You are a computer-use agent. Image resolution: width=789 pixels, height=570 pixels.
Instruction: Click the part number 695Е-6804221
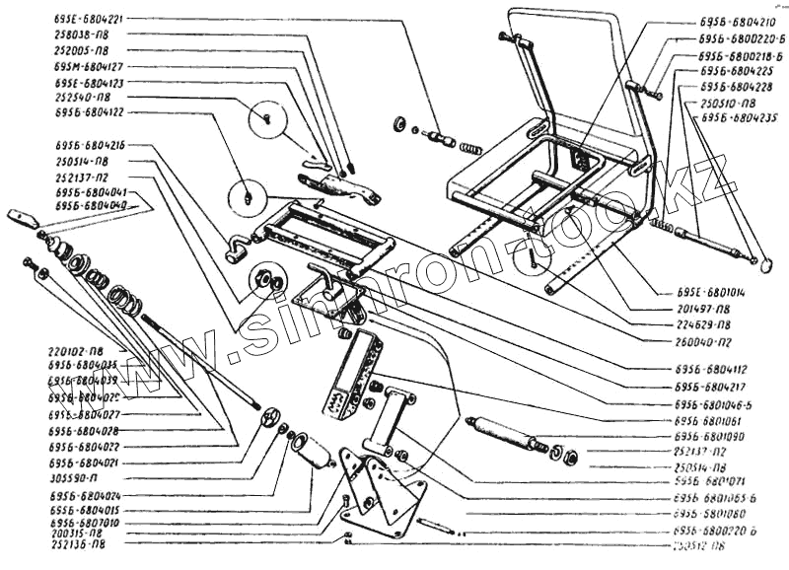[x=90, y=19]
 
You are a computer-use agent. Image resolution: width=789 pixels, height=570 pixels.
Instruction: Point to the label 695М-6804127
[x=90, y=66]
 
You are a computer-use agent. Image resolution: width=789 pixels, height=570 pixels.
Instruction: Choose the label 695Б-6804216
[x=90, y=145]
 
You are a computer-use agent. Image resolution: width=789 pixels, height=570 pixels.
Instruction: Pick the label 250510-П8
[x=728, y=103]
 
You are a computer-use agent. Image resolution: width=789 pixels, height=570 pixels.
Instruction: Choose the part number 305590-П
[x=75, y=477]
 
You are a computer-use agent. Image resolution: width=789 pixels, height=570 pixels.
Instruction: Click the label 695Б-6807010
[x=83, y=524]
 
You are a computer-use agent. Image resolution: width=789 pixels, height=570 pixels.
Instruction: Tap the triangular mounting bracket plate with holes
[x=384, y=493]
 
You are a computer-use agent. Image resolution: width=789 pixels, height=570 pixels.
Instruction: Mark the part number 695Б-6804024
[x=83, y=493]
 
